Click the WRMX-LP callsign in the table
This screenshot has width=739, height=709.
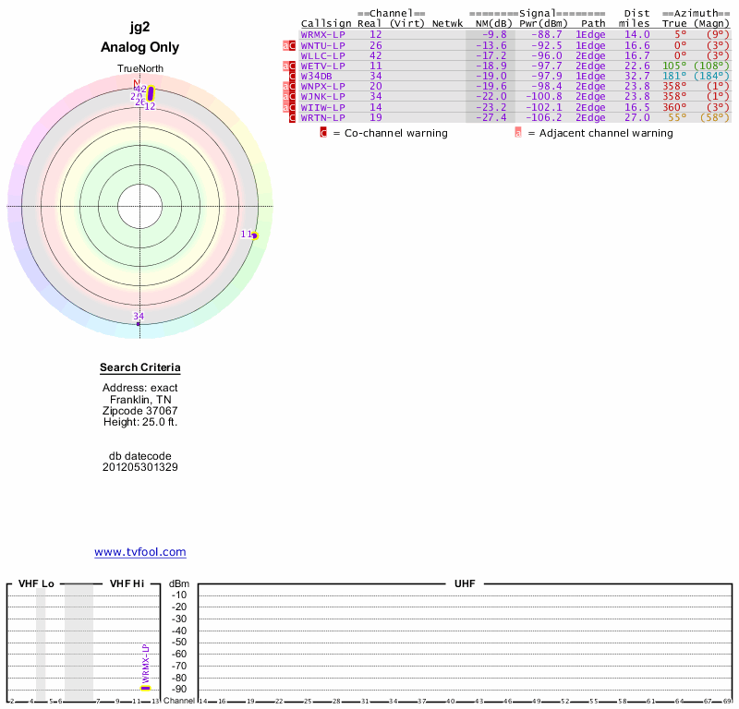[322, 34]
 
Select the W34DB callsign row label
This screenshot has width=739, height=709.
[317, 76]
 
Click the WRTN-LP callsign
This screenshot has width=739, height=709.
[322, 117]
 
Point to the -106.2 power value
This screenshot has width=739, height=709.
[540, 117]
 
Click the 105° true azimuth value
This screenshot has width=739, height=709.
[675, 66]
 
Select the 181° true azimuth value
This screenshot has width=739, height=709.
[675, 76]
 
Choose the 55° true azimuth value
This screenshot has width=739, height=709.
[678, 117]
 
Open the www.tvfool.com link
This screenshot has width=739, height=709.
[140, 552]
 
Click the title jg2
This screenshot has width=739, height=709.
[140, 28]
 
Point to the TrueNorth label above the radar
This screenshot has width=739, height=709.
[139, 69]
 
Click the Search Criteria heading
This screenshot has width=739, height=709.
[140, 368]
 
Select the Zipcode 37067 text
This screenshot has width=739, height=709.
[140, 411]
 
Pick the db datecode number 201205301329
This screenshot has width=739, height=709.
[140, 467]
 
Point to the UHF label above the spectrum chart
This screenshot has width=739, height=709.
[464, 584]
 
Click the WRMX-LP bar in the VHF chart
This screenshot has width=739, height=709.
[145, 687]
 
